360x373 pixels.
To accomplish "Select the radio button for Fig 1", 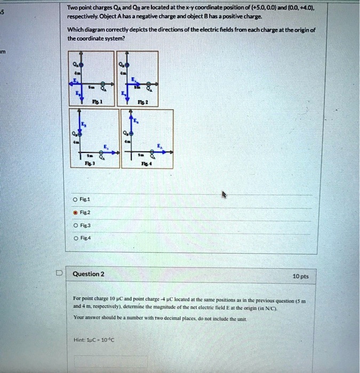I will pyautogui.click(x=76, y=199).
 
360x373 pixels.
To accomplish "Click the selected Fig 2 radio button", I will pyautogui.click(x=76, y=211).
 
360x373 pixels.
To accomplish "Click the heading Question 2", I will pyautogui.click(x=89, y=274).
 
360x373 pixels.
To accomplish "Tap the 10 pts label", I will pyautogui.click(x=301, y=277).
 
